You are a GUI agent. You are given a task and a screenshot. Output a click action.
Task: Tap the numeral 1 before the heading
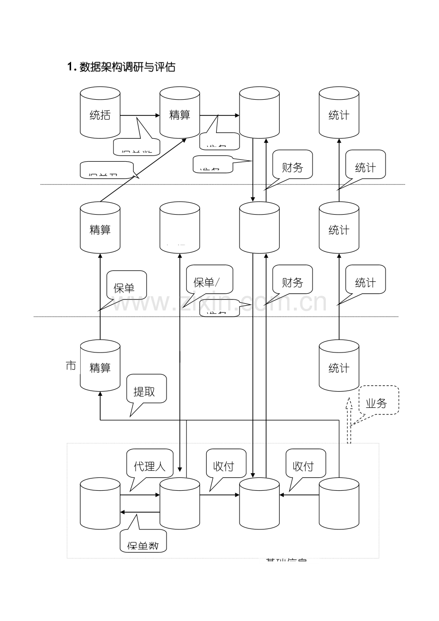tap(70, 67)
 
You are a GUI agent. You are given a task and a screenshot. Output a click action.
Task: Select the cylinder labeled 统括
tap(100, 114)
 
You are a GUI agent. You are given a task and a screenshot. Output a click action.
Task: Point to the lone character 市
tap(71, 366)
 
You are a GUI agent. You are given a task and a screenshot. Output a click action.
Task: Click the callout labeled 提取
tap(146, 391)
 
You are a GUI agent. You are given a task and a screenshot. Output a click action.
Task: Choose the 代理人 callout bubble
tap(149, 465)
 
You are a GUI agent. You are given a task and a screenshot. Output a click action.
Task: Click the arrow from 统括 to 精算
tap(139, 115)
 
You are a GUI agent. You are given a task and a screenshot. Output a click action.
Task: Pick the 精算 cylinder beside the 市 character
tap(100, 366)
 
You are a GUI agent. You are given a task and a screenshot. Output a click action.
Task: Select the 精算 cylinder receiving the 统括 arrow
tap(179, 114)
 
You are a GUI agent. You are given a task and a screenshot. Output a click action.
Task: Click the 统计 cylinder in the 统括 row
tap(339, 114)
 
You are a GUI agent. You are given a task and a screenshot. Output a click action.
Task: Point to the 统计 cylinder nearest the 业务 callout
tap(339, 366)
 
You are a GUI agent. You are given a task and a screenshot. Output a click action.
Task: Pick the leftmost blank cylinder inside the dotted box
tap(100, 503)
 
